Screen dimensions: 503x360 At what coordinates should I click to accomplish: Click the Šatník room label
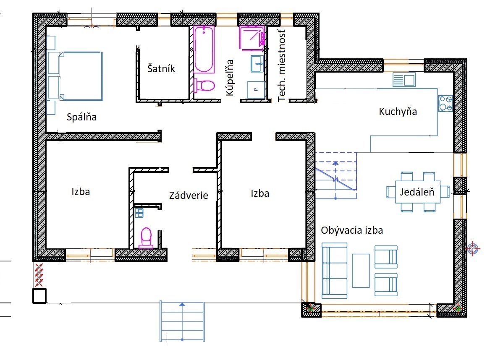point(161,68)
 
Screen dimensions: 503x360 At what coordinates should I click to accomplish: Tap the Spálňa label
point(81,117)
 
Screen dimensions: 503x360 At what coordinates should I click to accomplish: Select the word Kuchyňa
point(398,112)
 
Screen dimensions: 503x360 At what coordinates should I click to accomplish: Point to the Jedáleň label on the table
point(417,192)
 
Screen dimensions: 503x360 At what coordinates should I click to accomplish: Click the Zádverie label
point(189,195)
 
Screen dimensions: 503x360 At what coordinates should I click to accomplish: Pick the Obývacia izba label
point(352,230)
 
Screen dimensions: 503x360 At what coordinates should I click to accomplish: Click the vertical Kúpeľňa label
point(230,78)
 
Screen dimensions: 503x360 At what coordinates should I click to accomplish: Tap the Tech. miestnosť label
point(281,65)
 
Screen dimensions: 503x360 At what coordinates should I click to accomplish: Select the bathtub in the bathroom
point(204,50)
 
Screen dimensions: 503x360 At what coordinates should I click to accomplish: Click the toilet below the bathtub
point(204,86)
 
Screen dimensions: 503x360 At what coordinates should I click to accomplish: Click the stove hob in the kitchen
point(445,103)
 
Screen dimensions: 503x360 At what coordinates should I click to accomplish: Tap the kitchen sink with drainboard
point(404,80)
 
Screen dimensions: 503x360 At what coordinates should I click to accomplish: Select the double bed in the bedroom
point(81,76)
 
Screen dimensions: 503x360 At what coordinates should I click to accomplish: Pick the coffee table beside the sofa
point(361,271)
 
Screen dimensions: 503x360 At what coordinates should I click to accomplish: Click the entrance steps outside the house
point(182,321)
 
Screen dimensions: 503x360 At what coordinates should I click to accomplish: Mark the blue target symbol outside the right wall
point(472,249)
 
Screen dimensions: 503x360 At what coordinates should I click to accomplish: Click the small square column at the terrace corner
point(39,296)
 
